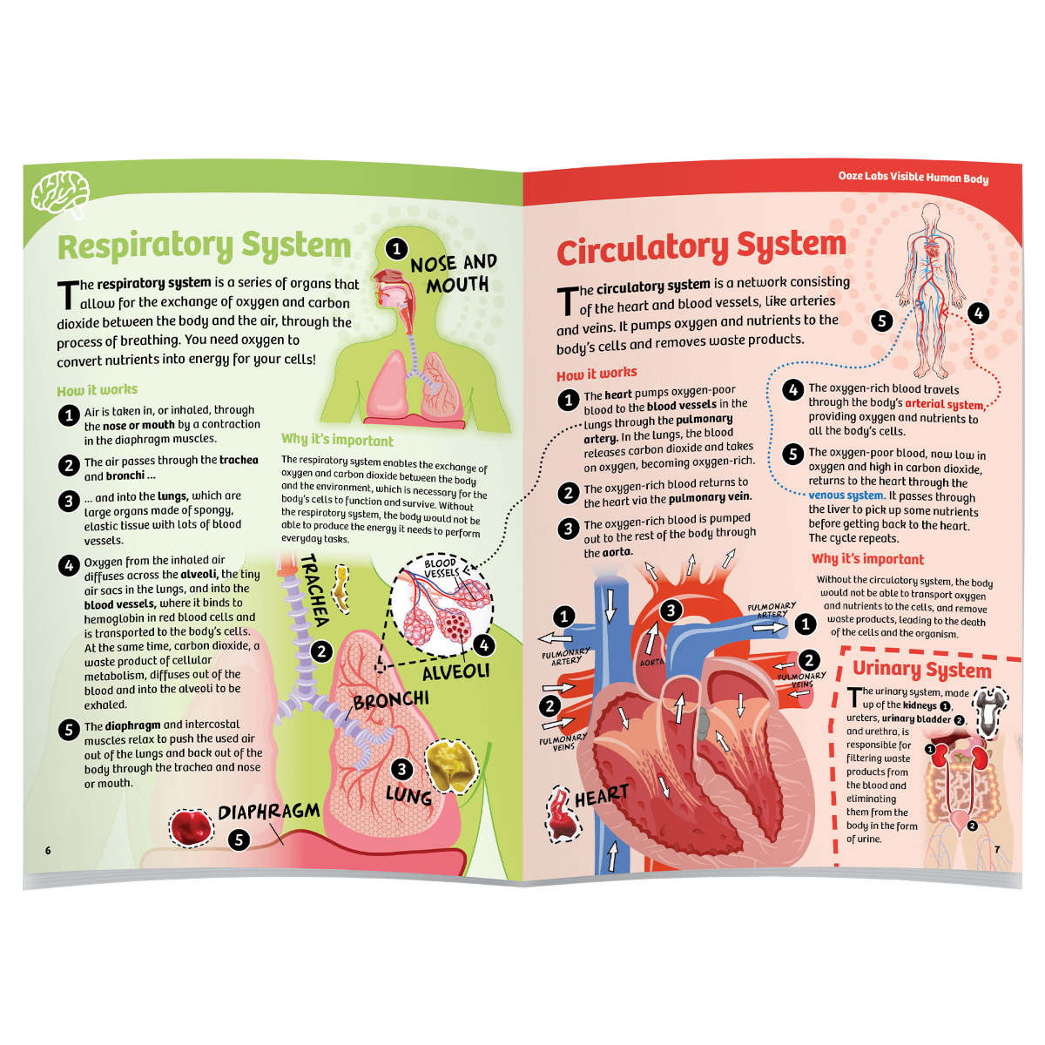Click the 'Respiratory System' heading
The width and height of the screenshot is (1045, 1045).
pyautogui.click(x=204, y=246)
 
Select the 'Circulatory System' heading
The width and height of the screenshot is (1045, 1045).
pyautogui.click(x=701, y=249)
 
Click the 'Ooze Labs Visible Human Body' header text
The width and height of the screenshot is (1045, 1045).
pyautogui.click(x=913, y=178)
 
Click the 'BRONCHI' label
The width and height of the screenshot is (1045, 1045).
pyautogui.click(x=391, y=699)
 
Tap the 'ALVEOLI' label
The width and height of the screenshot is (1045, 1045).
pyautogui.click(x=455, y=672)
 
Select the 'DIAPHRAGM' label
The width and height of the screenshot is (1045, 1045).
pyautogui.click(x=268, y=812)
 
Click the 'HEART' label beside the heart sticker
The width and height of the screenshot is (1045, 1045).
pyautogui.click(x=601, y=795)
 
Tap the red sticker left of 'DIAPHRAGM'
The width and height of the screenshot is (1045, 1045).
pyautogui.click(x=191, y=828)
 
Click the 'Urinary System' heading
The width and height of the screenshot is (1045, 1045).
pyautogui.click(x=921, y=670)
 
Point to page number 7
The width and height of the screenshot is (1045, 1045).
pyautogui.click(x=997, y=850)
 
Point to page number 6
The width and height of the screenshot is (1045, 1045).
pyautogui.click(x=48, y=850)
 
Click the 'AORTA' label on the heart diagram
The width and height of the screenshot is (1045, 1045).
pyautogui.click(x=652, y=663)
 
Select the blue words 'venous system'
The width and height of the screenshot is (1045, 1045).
pyautogui.click(x=846, y=496)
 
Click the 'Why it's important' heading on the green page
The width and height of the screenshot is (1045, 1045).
pyautogui.click(x=337, y=441)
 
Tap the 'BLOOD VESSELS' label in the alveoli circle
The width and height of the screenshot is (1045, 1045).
pyautogui.click(x=441, y=568)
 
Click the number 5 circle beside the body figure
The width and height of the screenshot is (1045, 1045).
pyautogui.click(x=882, y=320)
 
